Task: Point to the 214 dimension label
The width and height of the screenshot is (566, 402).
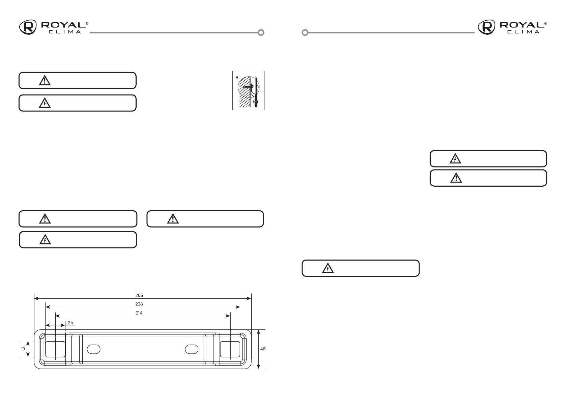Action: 139,313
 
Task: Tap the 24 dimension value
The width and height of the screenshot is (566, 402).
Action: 70,323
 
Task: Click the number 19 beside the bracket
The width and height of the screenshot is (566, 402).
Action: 23,349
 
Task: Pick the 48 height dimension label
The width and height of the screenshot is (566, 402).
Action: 263,349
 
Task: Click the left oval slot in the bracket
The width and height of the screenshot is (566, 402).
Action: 93,349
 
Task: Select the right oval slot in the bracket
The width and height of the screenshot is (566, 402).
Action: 192,349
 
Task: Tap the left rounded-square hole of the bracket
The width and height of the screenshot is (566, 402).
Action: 55,349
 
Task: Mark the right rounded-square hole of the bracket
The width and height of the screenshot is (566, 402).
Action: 230,349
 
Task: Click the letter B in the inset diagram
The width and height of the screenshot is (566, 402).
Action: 236,77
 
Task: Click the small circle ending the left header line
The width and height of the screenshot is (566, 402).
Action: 261,33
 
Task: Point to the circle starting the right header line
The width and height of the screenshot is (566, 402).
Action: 305,33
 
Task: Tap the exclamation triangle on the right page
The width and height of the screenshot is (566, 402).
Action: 456,178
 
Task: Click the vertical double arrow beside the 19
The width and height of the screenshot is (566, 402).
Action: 28,349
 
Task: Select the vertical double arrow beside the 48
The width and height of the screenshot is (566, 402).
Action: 258,349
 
